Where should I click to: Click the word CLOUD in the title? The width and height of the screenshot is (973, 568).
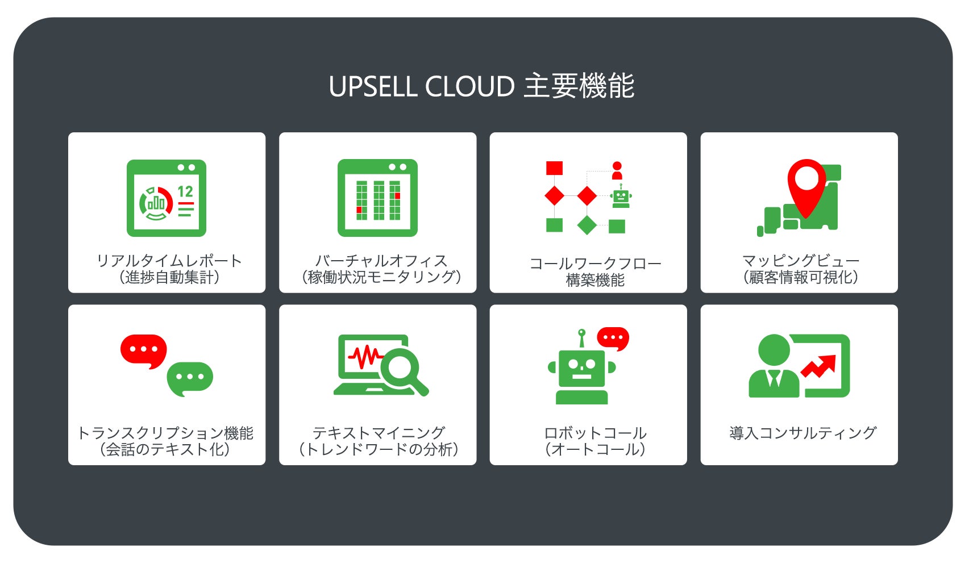(x=470, y=87)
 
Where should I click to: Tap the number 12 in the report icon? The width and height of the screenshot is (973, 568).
(x=185, y=192)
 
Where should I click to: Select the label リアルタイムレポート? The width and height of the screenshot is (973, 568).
(x=169, y=261)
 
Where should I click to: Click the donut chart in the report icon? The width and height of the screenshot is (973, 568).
(x=155, y=203)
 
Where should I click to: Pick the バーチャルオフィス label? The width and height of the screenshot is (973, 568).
(x=381, y=261)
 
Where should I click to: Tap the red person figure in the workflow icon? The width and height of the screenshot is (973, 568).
(x=617, y=170)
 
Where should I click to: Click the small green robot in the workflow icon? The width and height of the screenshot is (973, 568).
(x=621, y=197)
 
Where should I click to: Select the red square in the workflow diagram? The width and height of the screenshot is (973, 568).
(x=554, y=168)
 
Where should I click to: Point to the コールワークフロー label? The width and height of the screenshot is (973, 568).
(x=595, y=264)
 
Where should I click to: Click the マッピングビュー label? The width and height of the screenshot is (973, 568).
(x=800, y=261)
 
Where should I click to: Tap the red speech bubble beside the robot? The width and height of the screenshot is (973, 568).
(x=613, y=339)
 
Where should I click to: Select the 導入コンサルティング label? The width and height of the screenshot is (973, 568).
(x=802, y=433)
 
